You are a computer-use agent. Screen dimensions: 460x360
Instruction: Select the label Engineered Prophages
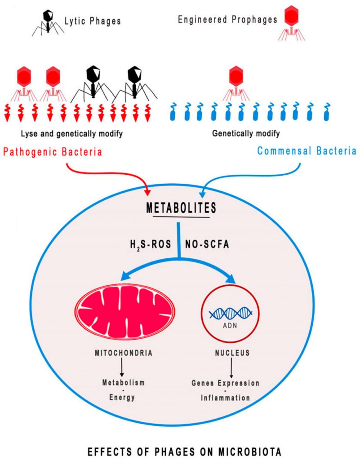pos(228,20)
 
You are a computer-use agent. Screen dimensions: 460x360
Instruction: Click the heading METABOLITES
pos(181,208)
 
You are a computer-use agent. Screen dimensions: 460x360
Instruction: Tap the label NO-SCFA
pos(209,248)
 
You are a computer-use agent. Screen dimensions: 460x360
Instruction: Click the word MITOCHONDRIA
pos(122,353)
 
